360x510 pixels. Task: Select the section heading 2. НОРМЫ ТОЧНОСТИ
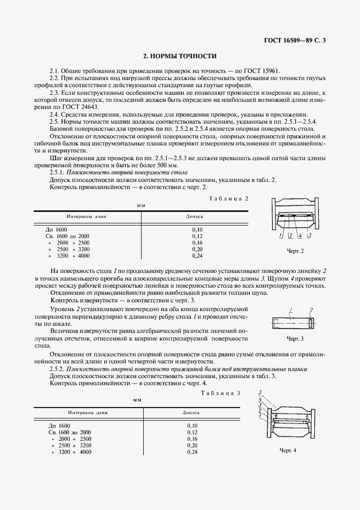(x=180, y=56)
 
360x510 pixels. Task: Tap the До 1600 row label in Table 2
(x=57, y=230)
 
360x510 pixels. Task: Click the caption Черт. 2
(x=295, y=251)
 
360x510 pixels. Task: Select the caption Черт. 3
(x=295, y=338)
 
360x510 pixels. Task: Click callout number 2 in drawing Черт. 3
(x=312, y=311)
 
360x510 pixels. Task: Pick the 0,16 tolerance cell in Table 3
(x=192, y=439)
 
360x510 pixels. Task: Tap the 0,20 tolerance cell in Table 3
(x=192, y=445)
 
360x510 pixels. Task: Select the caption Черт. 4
(x=288, y=451)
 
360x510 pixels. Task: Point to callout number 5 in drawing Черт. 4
(x=261, y=392)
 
